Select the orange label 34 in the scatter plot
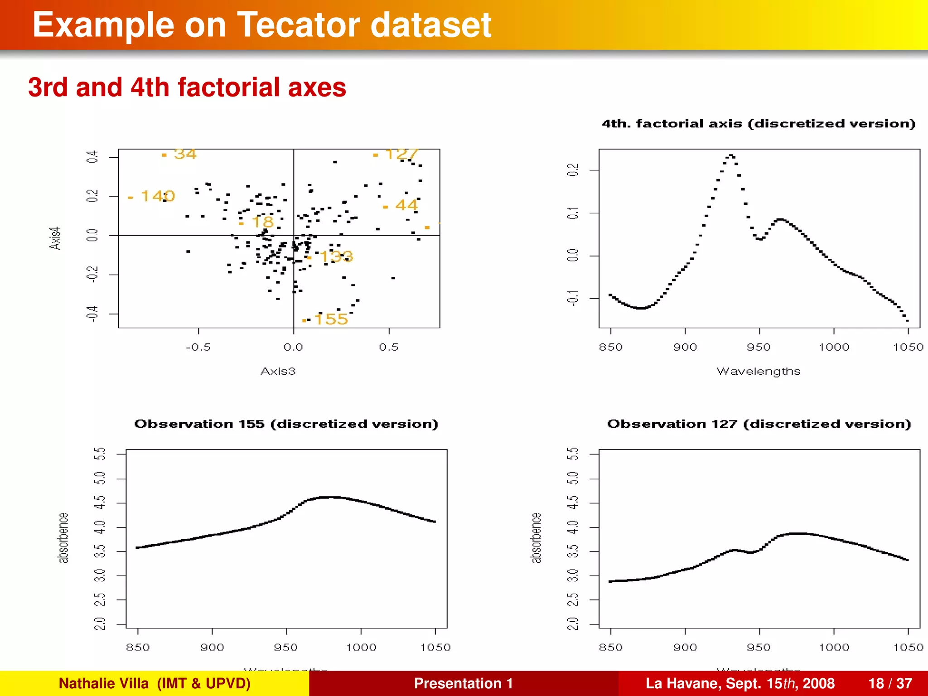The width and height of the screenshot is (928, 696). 185,154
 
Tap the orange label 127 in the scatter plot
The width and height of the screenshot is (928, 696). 401,154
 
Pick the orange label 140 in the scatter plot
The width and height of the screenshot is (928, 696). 157,196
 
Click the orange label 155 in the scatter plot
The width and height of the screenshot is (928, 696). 331,319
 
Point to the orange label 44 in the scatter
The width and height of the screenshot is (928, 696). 406,205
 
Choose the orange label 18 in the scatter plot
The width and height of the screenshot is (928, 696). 262,222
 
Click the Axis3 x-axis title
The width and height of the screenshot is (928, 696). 278,372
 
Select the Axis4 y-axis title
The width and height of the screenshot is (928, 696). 55,238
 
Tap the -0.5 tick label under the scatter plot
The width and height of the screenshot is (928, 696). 198,348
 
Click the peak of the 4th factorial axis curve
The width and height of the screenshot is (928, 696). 731,155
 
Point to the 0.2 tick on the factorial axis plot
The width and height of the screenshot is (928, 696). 573,170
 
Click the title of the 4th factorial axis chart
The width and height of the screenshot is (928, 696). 759,124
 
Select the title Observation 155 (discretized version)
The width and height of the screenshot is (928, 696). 286,424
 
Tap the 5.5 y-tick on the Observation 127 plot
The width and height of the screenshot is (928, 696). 573,454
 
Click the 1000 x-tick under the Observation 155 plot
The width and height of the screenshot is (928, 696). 361,648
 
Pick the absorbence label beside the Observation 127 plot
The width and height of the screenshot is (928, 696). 536,538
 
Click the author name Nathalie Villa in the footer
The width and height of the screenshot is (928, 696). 104,683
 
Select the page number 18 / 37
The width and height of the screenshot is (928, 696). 890,683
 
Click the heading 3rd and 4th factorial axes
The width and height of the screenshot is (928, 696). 187,87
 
